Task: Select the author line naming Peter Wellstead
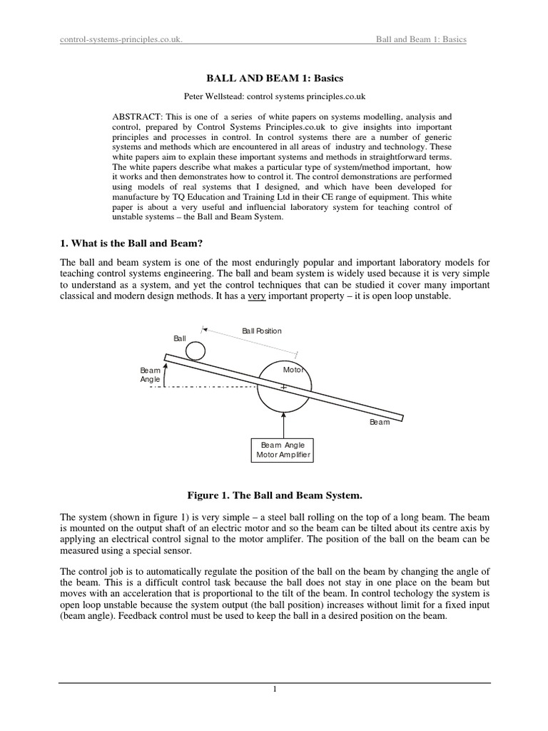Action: tap(274, 96)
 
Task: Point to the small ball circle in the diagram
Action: tap(196, 351)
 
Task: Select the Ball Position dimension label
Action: tap(261, 331)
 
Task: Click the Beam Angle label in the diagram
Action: tap(151, 375)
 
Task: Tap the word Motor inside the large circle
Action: tap(293, 370)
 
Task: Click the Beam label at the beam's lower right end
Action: tap(380, 422)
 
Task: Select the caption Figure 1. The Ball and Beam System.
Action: tap(274, 495)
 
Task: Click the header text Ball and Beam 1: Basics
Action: tap(421, 39)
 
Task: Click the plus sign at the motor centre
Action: tap(284, 388)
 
